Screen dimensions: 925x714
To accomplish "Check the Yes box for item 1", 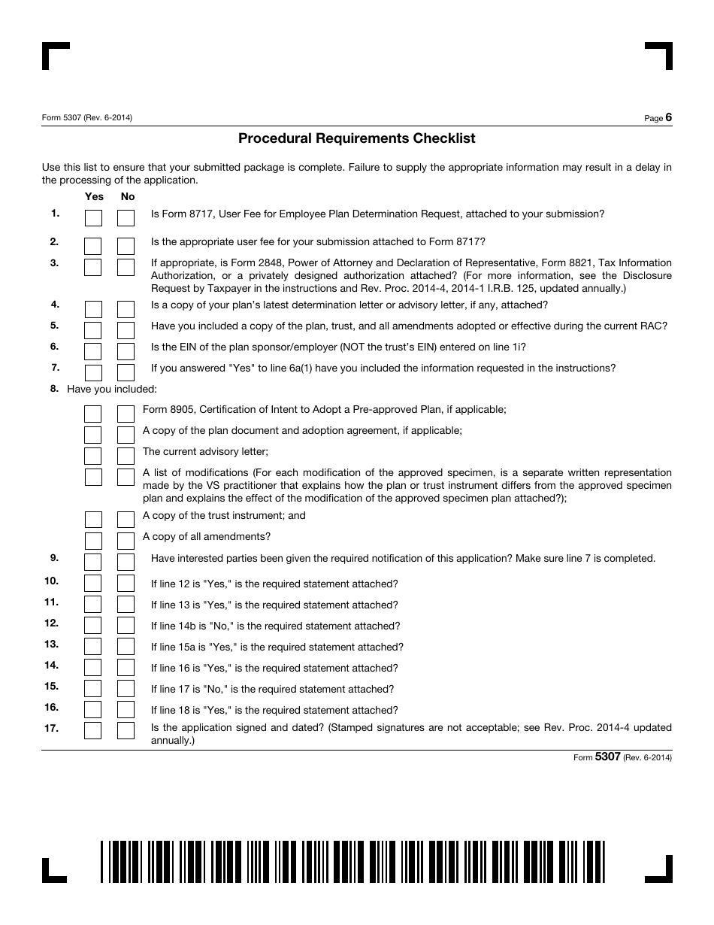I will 93,218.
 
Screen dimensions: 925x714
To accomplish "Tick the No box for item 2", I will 126,246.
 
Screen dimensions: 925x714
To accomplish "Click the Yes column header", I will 95,196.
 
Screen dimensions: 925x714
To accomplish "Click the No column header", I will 128,196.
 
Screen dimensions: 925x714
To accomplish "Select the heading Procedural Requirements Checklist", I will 357,138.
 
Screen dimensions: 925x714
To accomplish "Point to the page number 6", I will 668,117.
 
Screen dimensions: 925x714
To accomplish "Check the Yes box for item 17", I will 93,730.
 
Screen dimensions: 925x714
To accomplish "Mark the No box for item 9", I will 126,562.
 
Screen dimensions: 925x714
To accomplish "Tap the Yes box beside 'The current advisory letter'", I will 93,456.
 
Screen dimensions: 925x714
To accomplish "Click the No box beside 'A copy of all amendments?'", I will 126,541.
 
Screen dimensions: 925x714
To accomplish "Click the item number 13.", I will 51,644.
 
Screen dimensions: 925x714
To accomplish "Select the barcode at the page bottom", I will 353,861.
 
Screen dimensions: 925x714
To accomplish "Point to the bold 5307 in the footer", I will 607,757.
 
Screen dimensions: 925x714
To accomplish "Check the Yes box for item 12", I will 93,625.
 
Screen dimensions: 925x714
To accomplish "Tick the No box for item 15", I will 126,688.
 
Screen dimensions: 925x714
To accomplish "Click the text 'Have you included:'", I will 112,389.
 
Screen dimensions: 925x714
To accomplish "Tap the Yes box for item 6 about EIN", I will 93,351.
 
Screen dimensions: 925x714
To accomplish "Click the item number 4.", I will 55,305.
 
